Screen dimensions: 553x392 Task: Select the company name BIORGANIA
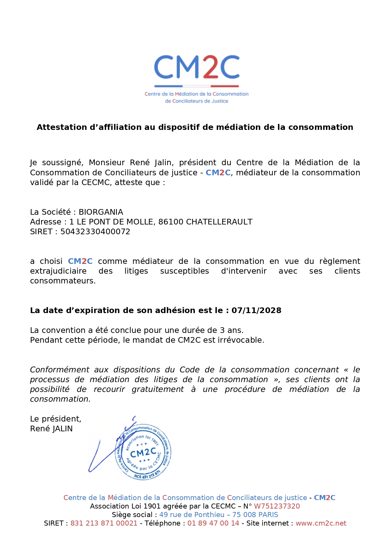click(x=101, y=212)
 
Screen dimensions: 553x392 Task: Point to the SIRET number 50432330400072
click(x=95, y=231)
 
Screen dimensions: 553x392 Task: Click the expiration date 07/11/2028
click(x=256, y=310)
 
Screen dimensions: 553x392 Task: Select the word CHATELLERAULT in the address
click(x=219, y=222)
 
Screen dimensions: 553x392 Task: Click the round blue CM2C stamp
click(x=143, y=452)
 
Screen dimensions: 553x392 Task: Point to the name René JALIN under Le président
click(x=51, y=428)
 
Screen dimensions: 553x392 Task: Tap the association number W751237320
click(x=277, y=506)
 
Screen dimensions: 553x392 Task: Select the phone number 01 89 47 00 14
click(x=213, y=523)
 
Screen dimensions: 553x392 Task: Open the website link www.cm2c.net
click(x=321, y=523)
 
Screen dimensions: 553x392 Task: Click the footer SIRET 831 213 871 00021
click(x=104, y=523)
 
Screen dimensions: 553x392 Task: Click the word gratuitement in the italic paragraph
click(x=158, y=389)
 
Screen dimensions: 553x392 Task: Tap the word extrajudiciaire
click(x=58, y=271)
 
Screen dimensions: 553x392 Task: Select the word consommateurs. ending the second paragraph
click(x=63, y=281)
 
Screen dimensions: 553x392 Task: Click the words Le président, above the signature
click(x=56, y=419)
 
